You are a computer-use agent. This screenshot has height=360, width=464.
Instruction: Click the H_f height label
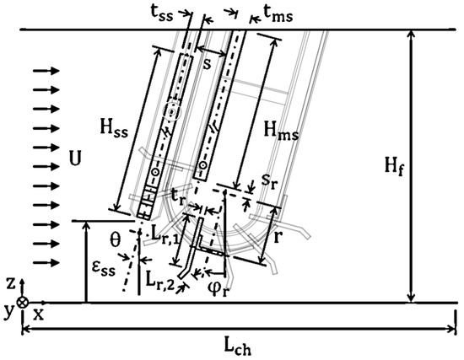pos(394,166)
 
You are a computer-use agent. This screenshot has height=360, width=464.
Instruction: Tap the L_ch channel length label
pos(238,347)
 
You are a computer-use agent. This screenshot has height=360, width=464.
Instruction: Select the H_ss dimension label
pos(114,129)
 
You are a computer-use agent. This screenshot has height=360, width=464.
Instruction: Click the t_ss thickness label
pos(162,13)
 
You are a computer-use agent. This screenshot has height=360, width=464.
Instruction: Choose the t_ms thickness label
pos(278,14)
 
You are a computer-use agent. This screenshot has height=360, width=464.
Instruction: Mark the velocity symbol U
pos(75,159)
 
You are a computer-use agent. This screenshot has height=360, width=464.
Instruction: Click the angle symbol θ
pos(115,240)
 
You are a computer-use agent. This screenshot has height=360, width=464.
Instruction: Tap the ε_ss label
pos(103,269)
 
